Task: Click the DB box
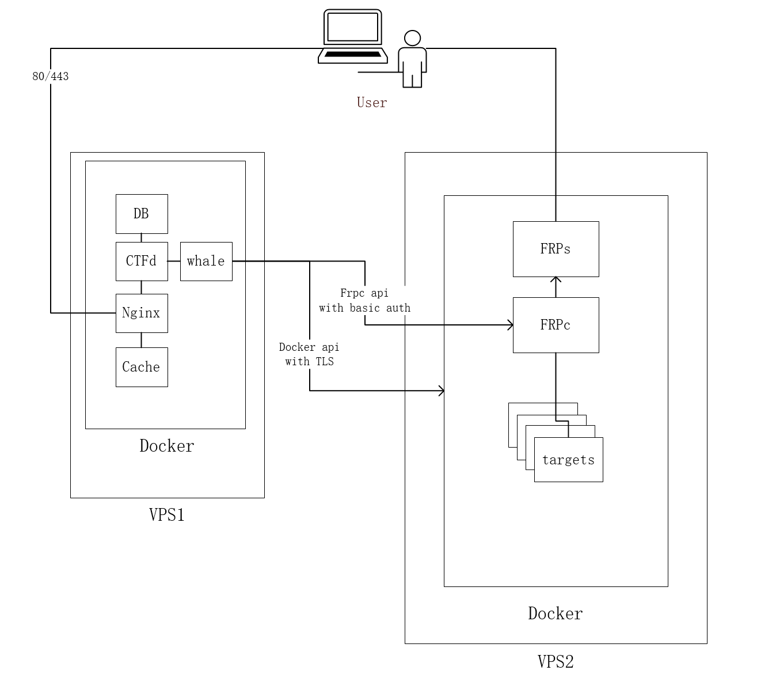[x=142, y=214]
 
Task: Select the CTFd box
[x=142, y=261]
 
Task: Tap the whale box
[x=206, y=261]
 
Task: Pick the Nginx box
[x=142, y=313]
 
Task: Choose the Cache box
[x=142, y=367]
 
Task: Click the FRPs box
[x=556, y=249]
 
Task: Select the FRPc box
[x=556, y=325]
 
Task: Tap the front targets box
[x=568, y=460]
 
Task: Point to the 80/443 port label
[x=51, y=76]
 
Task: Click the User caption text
[x=372, y=103]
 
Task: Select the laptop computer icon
[x=353, y=36]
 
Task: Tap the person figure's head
[x=412, y=38]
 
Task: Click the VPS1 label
[x=167, y=514]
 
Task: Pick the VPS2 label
[x=556, y=661]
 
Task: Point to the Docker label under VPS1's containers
[x=167, y=446]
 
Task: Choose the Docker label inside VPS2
[x=556, y=614]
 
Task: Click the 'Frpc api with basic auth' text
[x=365, y=301]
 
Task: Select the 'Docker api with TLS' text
[x=310, y=354]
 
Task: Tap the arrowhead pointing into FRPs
[x=556, y=280]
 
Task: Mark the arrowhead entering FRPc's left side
[x=510, y=325]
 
